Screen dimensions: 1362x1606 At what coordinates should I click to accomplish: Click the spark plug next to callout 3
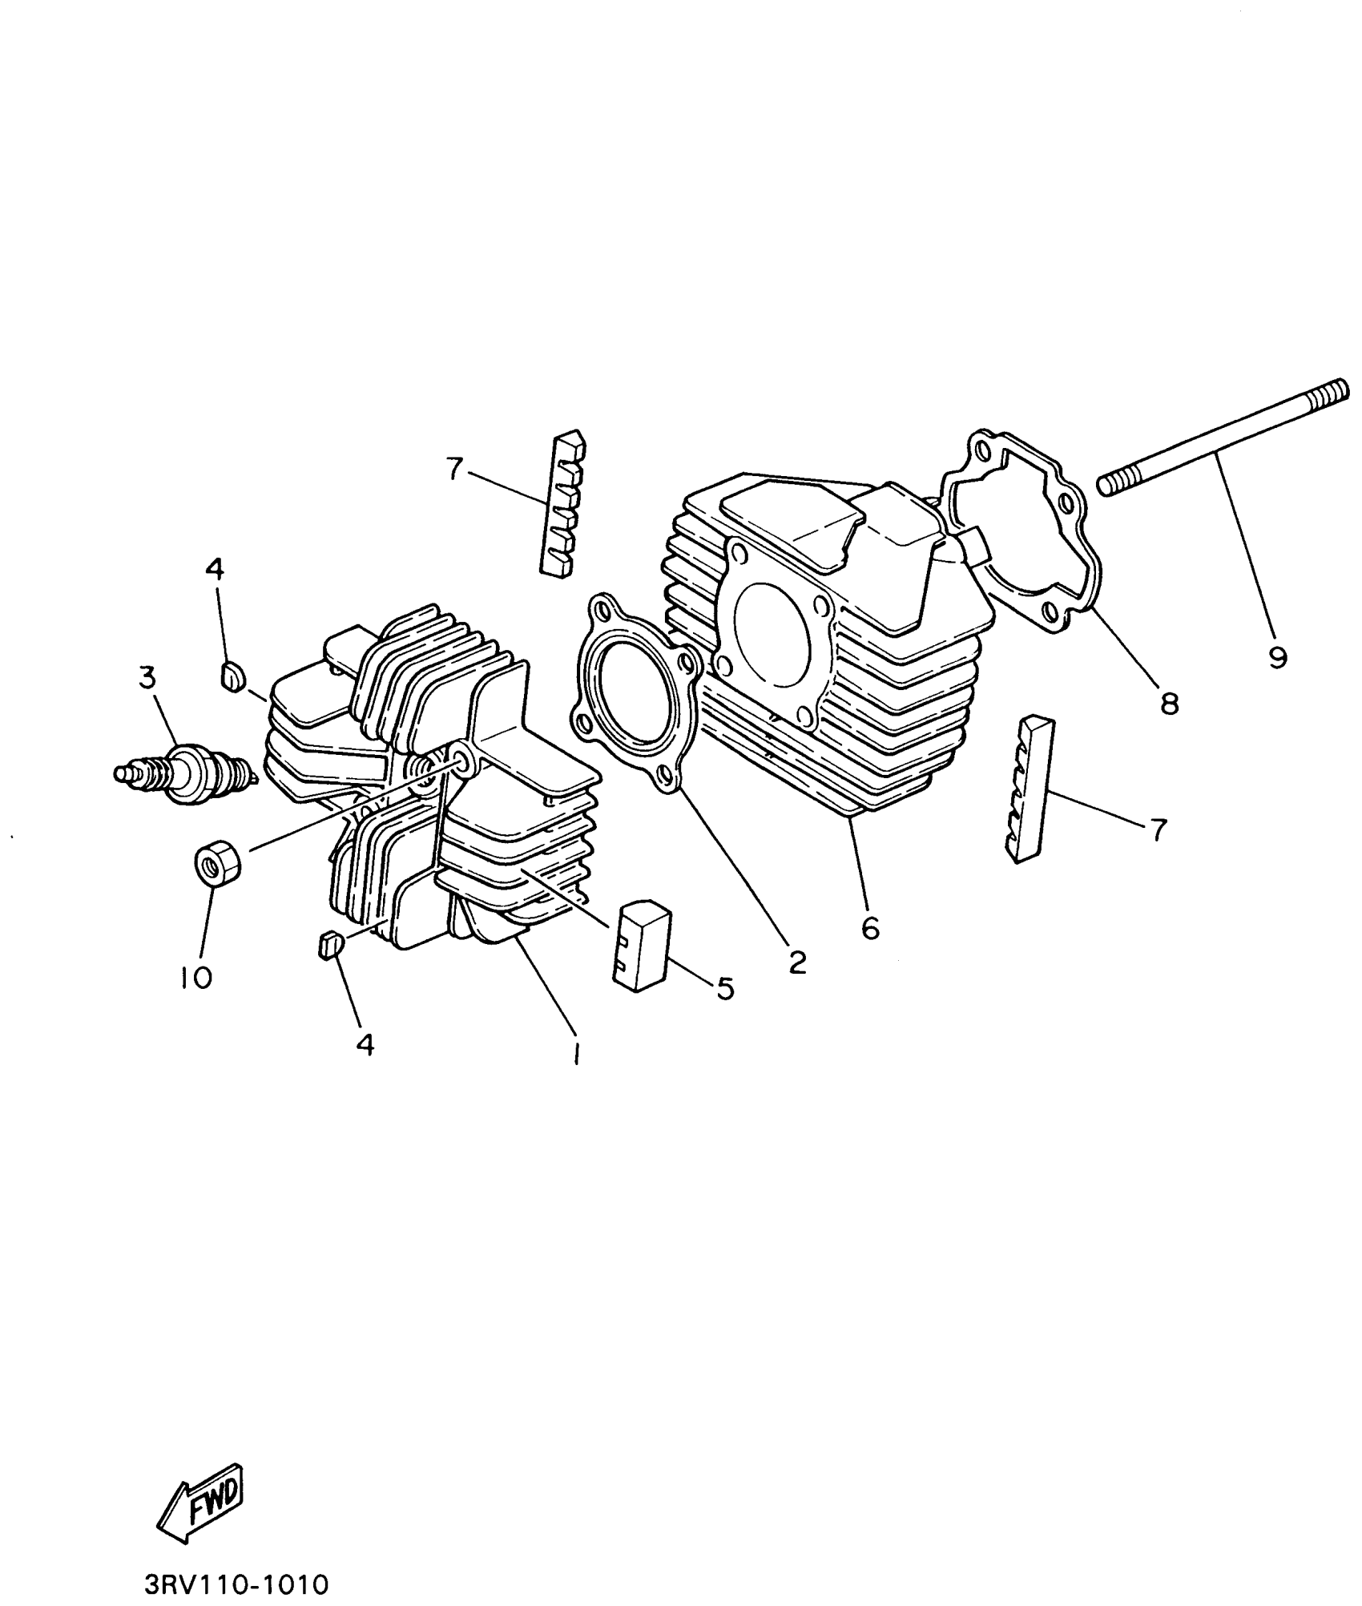(x=186, y=774)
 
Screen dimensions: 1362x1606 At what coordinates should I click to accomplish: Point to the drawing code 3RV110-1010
(x=237, y=1585)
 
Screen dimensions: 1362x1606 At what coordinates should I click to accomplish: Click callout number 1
(x=575, y=1055)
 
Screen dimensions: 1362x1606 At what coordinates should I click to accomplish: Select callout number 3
(x=147, y=678)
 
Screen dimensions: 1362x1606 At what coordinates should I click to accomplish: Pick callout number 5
(x=723, y=989)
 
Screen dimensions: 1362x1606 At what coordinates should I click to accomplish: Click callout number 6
(x=871, y=928)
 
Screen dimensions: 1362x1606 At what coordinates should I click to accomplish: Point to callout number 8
(x=1169, y=704)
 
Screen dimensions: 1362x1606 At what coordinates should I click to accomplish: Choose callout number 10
(x=196, y=977)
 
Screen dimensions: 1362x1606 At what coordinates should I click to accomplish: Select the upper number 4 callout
(x=214, y=569)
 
